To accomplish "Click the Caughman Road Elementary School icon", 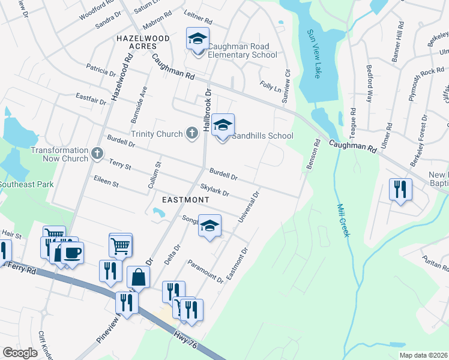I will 197,40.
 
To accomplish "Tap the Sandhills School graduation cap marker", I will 223,126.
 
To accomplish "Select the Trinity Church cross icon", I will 191,133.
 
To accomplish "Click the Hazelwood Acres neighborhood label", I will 143,43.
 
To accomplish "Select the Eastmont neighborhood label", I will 186,199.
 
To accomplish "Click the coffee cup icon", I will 72,253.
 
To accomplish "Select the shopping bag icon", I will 138,278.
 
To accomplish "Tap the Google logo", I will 20,353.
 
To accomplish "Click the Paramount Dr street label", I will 206,272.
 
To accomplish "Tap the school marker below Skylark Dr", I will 209,226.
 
